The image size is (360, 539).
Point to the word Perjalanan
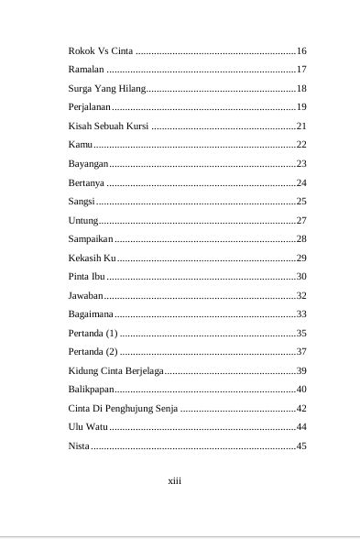click(x=90, y=107)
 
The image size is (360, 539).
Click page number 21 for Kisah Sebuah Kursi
click(x=300, y=126)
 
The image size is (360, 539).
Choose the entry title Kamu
click(x=81, y=145)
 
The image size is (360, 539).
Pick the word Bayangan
click(x=89, y=163)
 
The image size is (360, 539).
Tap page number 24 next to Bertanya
click(x=300, y=182)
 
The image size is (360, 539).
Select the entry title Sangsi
click(x=82, y=201)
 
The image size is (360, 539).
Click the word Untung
click(x=83, y=220)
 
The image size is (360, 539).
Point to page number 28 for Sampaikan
click(x=300, y=238)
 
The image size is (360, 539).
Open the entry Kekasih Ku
click(x=92, y=258)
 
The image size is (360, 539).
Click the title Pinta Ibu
click(x=87, y=276)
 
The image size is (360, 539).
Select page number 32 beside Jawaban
click(x=300, y=295)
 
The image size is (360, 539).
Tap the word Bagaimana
click(x=91, y=313)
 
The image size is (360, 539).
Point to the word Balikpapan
click(x=92, y=389)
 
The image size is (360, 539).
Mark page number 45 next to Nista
click(x=300, y=445)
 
